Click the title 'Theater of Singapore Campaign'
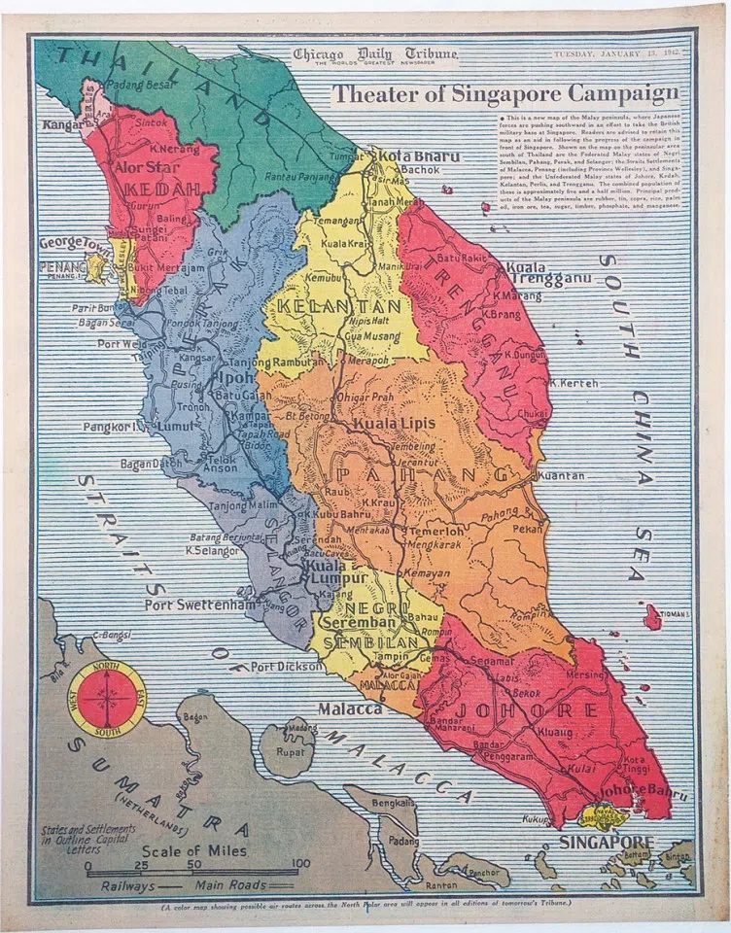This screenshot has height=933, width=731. point(505,94)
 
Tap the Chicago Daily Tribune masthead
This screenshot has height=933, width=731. point(374,55)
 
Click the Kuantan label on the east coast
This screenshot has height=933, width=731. point(560,476)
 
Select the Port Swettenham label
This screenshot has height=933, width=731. point(200,605)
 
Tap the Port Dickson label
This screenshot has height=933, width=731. point(286,667)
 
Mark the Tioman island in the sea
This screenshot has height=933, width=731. point(652,616)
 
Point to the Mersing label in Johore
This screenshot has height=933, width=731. point(585,674)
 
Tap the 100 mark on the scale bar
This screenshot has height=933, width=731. point(301,863)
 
